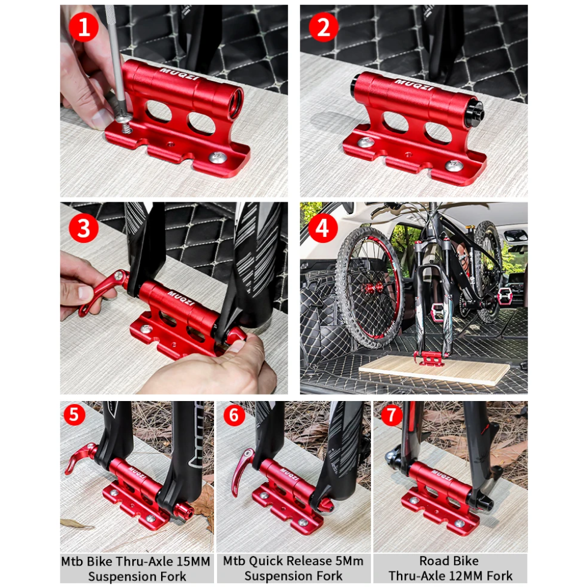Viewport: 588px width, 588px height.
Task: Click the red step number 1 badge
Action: coord(84,28)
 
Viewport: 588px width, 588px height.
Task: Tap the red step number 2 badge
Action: coord(323,28)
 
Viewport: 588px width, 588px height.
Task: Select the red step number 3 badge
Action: coord(84,228)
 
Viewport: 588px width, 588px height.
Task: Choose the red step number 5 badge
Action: coord(73,415)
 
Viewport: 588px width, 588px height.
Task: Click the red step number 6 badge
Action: coord(233,415)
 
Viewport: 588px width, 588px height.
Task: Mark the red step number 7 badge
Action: coord(392,415)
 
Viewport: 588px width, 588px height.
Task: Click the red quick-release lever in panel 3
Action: coord(103,291)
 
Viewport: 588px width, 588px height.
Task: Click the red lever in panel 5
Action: coord(79,457)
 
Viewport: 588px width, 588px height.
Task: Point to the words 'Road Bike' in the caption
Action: coord(449,561)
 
